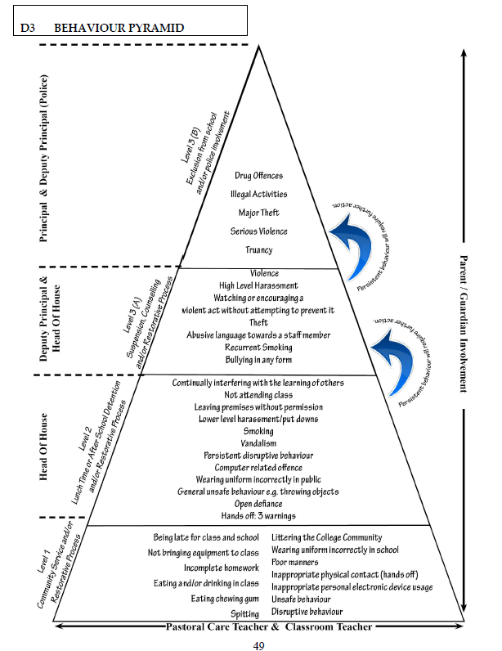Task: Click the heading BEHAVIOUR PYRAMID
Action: point(119,28)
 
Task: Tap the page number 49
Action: point(258,645)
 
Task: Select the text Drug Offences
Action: point(258,176)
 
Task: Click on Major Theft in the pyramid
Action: point(258,213)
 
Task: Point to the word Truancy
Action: point(258,250)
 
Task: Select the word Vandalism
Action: point(258,442)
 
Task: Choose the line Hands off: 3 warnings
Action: point(258,516)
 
